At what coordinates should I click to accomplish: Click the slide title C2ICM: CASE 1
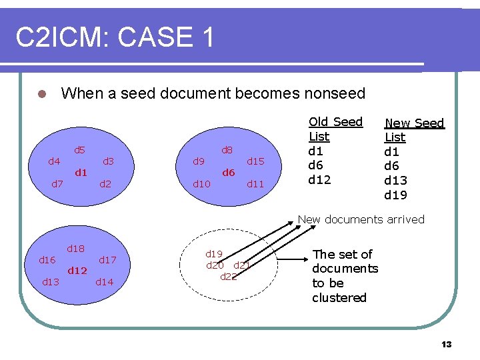click(x=115, y=37)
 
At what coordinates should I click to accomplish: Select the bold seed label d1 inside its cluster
click(x=81, y=173)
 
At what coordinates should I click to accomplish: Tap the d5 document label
click(x=79, y=150)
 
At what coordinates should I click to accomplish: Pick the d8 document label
click(x=227, y=150)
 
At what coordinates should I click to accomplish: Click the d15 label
click(x=256, y=161)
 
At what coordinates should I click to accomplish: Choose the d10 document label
click(x=201, y=184)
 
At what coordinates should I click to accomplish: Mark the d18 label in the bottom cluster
click(x=75, y=249)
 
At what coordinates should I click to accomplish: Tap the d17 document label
click(x=108, y=259)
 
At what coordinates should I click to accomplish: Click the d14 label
click(x=105, y=281)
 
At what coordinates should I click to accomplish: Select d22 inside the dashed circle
click(x=228, y=276)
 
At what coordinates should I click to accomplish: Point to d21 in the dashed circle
click(x=242, y=265)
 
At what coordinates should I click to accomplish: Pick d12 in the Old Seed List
click(x=319, y=180)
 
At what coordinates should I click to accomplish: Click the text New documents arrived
click(x=361, y=219)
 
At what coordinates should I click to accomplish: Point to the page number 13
click(x=446, y=344)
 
